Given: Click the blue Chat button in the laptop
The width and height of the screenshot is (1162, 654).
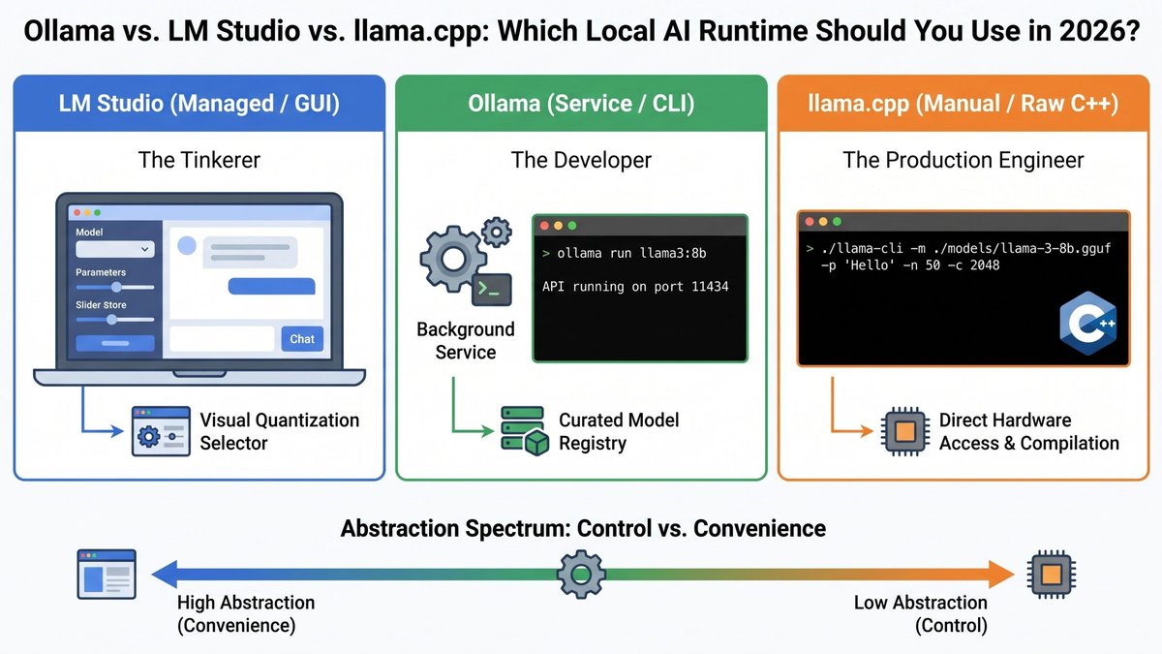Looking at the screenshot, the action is (x=302, y=339).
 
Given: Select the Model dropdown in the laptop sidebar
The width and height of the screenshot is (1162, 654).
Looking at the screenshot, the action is (x=115, y=249).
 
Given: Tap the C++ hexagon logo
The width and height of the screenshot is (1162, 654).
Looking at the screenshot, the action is (x=1087, y=323).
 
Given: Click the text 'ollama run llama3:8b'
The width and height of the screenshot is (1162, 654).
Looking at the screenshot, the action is (x=631, y=253).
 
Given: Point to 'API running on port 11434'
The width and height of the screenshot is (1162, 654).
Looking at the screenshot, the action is (x=635, y=287).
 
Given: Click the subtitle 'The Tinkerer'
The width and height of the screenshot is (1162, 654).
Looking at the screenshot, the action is (x=199, y=160).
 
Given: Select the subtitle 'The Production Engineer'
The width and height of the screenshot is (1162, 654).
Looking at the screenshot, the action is (x=963, y=160).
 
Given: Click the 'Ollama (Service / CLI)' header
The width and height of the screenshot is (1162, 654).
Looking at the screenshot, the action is (x=581, y=104).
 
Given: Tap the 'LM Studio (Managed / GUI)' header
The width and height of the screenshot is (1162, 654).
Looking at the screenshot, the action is (x=199, y=104).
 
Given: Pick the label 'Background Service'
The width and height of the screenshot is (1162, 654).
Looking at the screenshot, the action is (x=466, y=340).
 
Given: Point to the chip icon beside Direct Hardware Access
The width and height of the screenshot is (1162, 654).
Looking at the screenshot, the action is (x=905, y=431).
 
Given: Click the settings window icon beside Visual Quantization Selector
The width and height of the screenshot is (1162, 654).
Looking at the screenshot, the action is (x=161, y=431).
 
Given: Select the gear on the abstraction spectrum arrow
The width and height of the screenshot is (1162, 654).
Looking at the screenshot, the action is (x=581, y=574).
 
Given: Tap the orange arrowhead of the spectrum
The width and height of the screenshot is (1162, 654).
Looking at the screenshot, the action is (x=1001, y=574).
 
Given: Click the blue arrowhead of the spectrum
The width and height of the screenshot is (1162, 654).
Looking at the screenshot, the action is (x=165, y=574).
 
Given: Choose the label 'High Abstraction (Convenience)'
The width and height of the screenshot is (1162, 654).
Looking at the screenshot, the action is (x=246, y=613).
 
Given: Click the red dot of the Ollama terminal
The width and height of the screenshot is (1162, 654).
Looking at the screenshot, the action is (x=544, y=226).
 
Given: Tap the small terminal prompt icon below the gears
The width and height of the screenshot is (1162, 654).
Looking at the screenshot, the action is (x=491, y=290).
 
